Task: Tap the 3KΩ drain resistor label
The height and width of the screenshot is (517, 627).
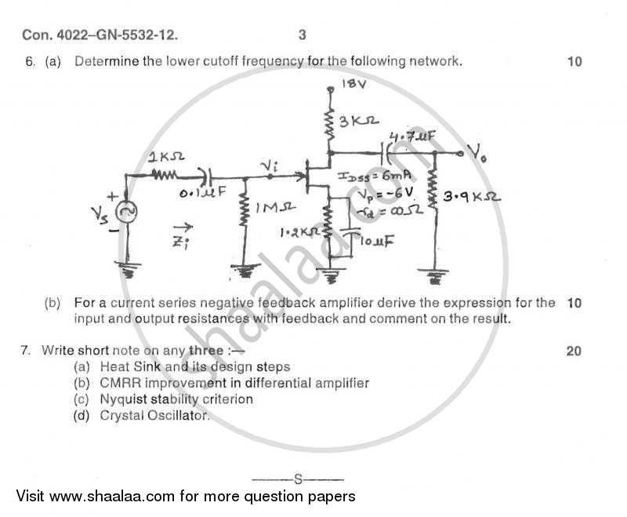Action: click(360, 121)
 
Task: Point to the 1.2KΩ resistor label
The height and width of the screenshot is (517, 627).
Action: click(299, 233)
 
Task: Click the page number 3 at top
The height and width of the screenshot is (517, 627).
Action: click(303, 35)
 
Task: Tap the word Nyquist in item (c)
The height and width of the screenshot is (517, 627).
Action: click(123, 399)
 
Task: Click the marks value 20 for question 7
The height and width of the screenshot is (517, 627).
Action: click(574, 351)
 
